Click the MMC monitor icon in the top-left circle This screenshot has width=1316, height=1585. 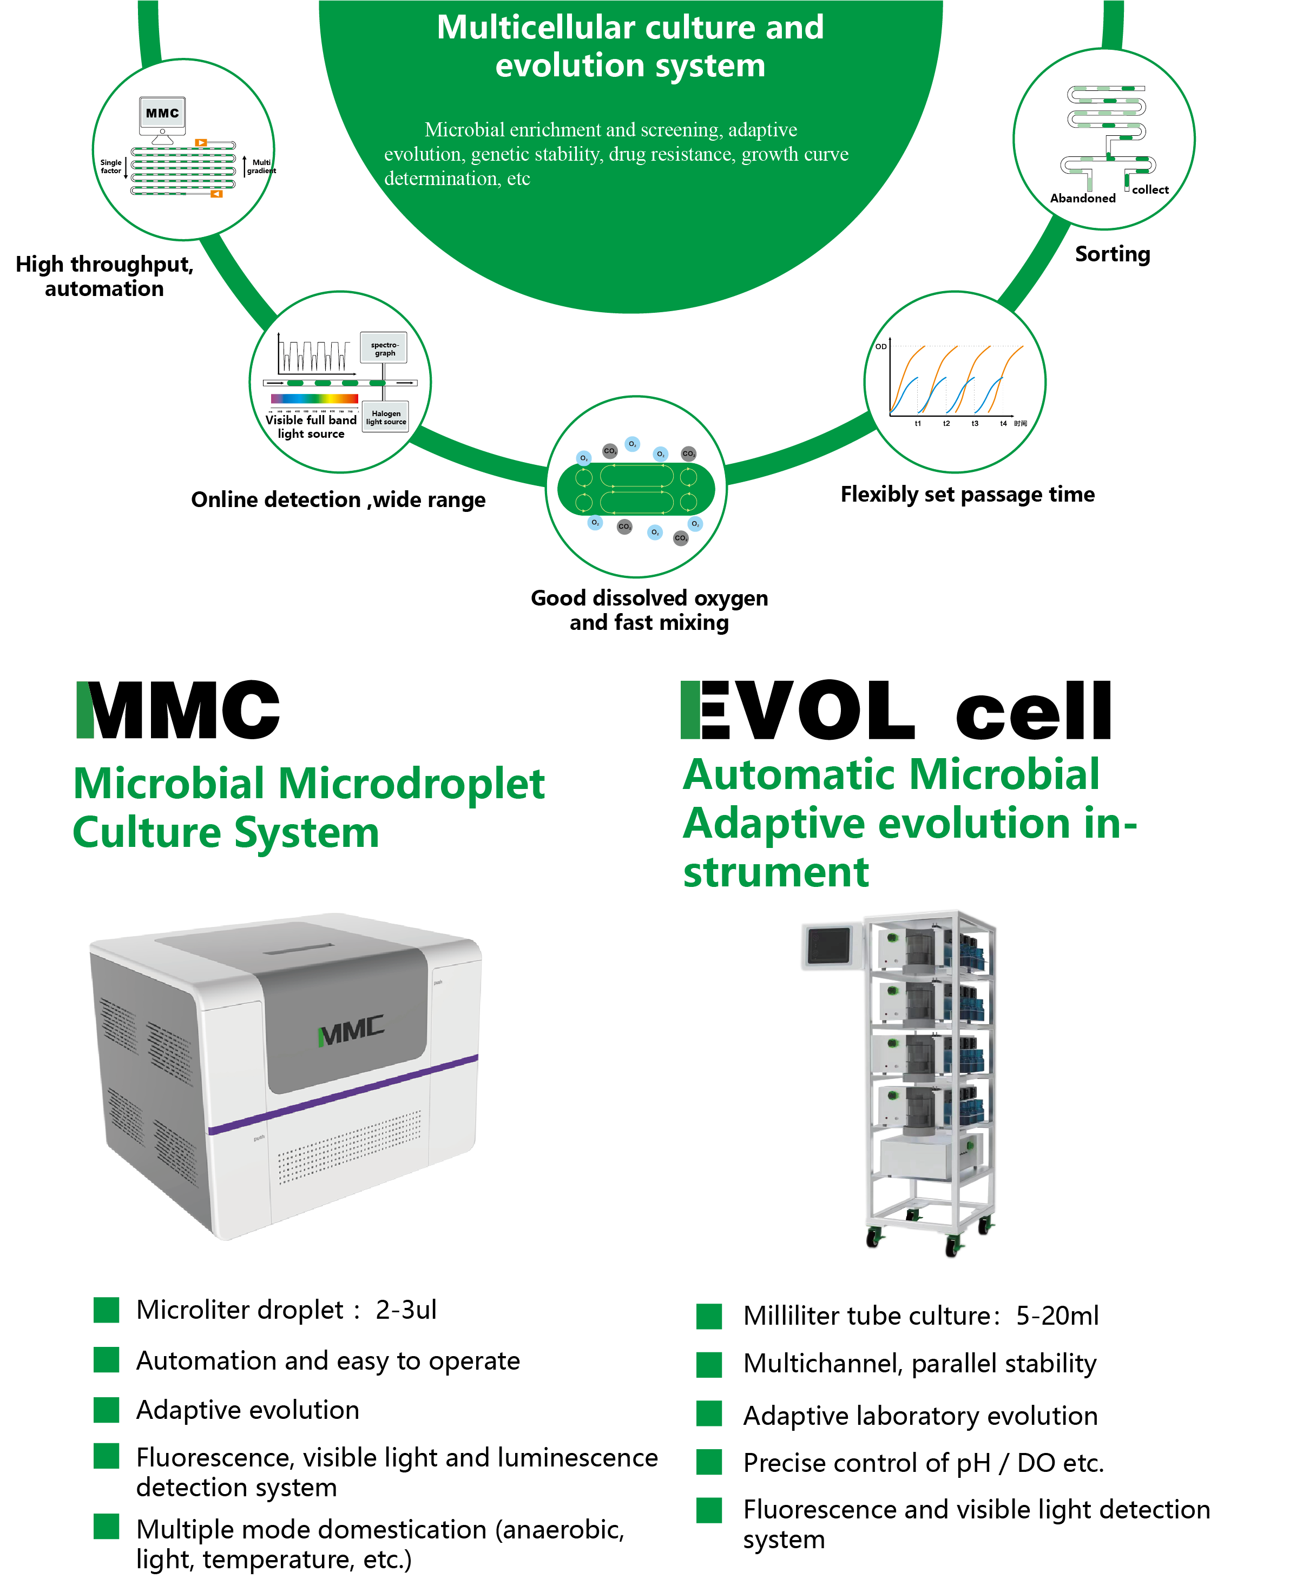click(162, 114)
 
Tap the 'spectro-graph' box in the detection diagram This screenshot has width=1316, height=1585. click(384, 348)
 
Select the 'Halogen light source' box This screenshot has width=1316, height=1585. click(386, 417)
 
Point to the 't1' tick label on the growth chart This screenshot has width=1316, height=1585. click(918, 423)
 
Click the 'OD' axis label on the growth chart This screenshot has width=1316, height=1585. click(880, 346)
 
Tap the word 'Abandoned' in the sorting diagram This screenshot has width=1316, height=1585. click(1082, 198)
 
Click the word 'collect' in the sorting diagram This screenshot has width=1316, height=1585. click(1149, 189)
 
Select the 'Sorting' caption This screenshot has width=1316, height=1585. click(1112, 254)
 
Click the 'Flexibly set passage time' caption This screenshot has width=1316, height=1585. click(968, 495)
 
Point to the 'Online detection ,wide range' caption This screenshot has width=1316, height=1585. click(338, 499)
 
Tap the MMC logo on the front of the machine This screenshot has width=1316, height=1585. click(352, 1030)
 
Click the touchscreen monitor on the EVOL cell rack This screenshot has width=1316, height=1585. click(828, 945)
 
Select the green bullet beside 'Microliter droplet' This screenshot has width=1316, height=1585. click(107, 1310)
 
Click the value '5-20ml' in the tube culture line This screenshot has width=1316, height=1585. click(1056, 1316)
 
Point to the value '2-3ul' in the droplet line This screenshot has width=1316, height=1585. click(406, 1310)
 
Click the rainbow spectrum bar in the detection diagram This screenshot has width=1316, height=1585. click(315, 398)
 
